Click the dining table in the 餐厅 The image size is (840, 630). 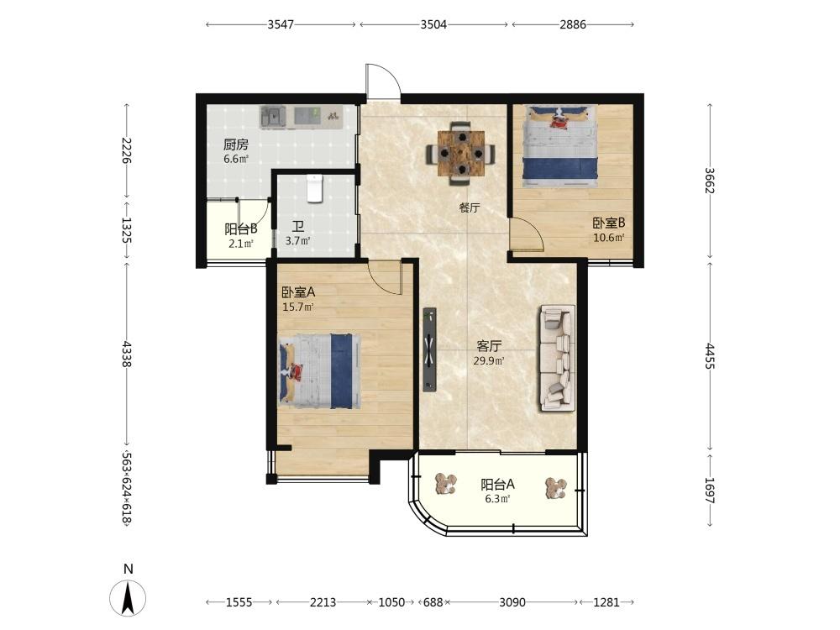460,154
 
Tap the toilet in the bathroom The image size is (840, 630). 315,188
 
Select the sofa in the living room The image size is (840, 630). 557,358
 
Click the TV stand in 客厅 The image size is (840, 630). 429,349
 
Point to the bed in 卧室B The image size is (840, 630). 560,145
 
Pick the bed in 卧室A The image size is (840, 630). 319,371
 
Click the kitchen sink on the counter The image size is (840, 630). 274,117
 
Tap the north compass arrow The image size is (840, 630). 128,596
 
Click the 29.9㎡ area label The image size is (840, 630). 489,361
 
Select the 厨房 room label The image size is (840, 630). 236,144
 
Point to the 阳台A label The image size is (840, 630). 497,485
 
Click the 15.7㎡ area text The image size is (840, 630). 298,307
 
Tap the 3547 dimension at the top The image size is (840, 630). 281,24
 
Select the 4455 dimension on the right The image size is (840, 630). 710,356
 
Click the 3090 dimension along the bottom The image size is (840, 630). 512,602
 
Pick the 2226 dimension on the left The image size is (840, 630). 127,150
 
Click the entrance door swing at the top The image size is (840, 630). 382,81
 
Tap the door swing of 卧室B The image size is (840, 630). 527,234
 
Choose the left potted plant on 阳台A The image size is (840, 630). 446,485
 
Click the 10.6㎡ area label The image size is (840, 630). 608,238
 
